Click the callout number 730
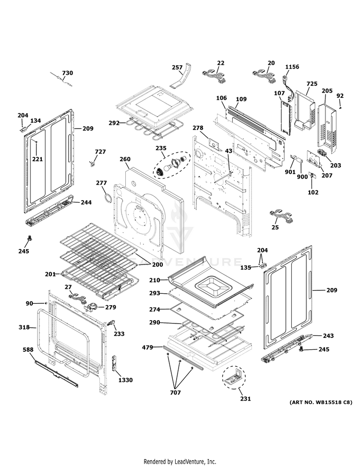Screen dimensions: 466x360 [x=68, y=73]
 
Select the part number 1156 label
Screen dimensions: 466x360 [x=292, y=67]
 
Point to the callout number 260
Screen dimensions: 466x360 [x=125, y=159]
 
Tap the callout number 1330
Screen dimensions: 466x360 [x=125, y=380]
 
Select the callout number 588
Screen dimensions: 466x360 [x=28, y=350]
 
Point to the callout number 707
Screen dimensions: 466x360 [x=175, y=393]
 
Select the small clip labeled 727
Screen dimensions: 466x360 [x=92, y=164]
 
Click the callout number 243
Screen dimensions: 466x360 [x=328, y=335]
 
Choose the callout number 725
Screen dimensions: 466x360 [x=312, y=84]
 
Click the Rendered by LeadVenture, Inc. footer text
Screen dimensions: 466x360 [x=180, y=461]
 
